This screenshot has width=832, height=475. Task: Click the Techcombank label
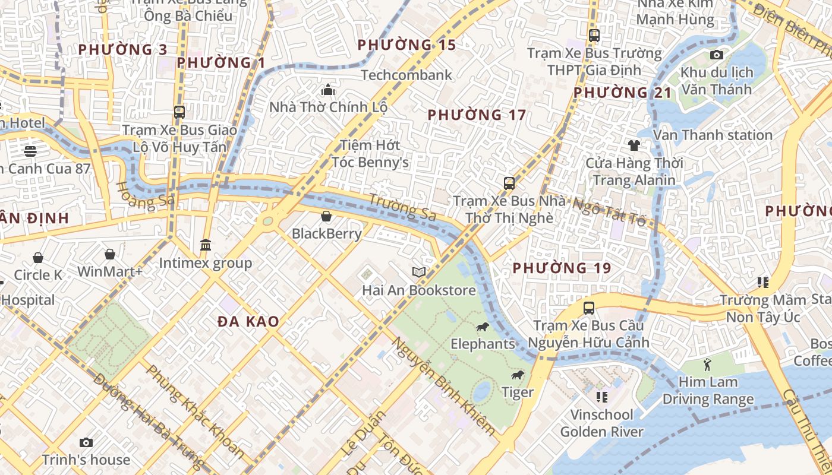pos(406,75)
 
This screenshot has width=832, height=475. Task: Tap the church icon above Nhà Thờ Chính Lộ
pos(328,90)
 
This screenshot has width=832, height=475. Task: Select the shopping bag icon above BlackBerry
pos(326,216)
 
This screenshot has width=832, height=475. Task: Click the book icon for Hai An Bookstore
pos(419,272)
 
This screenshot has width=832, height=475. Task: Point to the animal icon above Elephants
pos(482,327)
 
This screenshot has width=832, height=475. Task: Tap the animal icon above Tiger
pos(518,375)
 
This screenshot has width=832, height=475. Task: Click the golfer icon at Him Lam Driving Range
pos(707,364)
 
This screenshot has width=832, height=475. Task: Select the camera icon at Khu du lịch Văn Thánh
pos(717,55)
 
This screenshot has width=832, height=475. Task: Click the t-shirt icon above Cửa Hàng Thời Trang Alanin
pos(634,145)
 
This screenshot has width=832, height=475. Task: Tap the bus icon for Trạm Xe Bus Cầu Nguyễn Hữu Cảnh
pos(589,308)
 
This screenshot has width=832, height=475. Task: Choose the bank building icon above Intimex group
pos(206,245)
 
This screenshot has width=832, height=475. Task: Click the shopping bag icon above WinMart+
pos(110,255)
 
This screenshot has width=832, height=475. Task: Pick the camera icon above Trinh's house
pos(86,442)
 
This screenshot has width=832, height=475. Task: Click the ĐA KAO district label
pos(248,322)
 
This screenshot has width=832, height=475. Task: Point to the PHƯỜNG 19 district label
pos(562,268)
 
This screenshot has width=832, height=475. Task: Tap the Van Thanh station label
pos(713,135)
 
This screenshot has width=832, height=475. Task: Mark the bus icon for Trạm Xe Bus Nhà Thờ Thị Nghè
pos(509,183)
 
